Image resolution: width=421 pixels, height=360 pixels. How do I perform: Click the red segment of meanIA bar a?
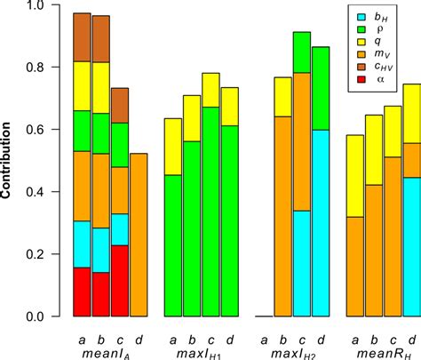click(82, 292)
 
